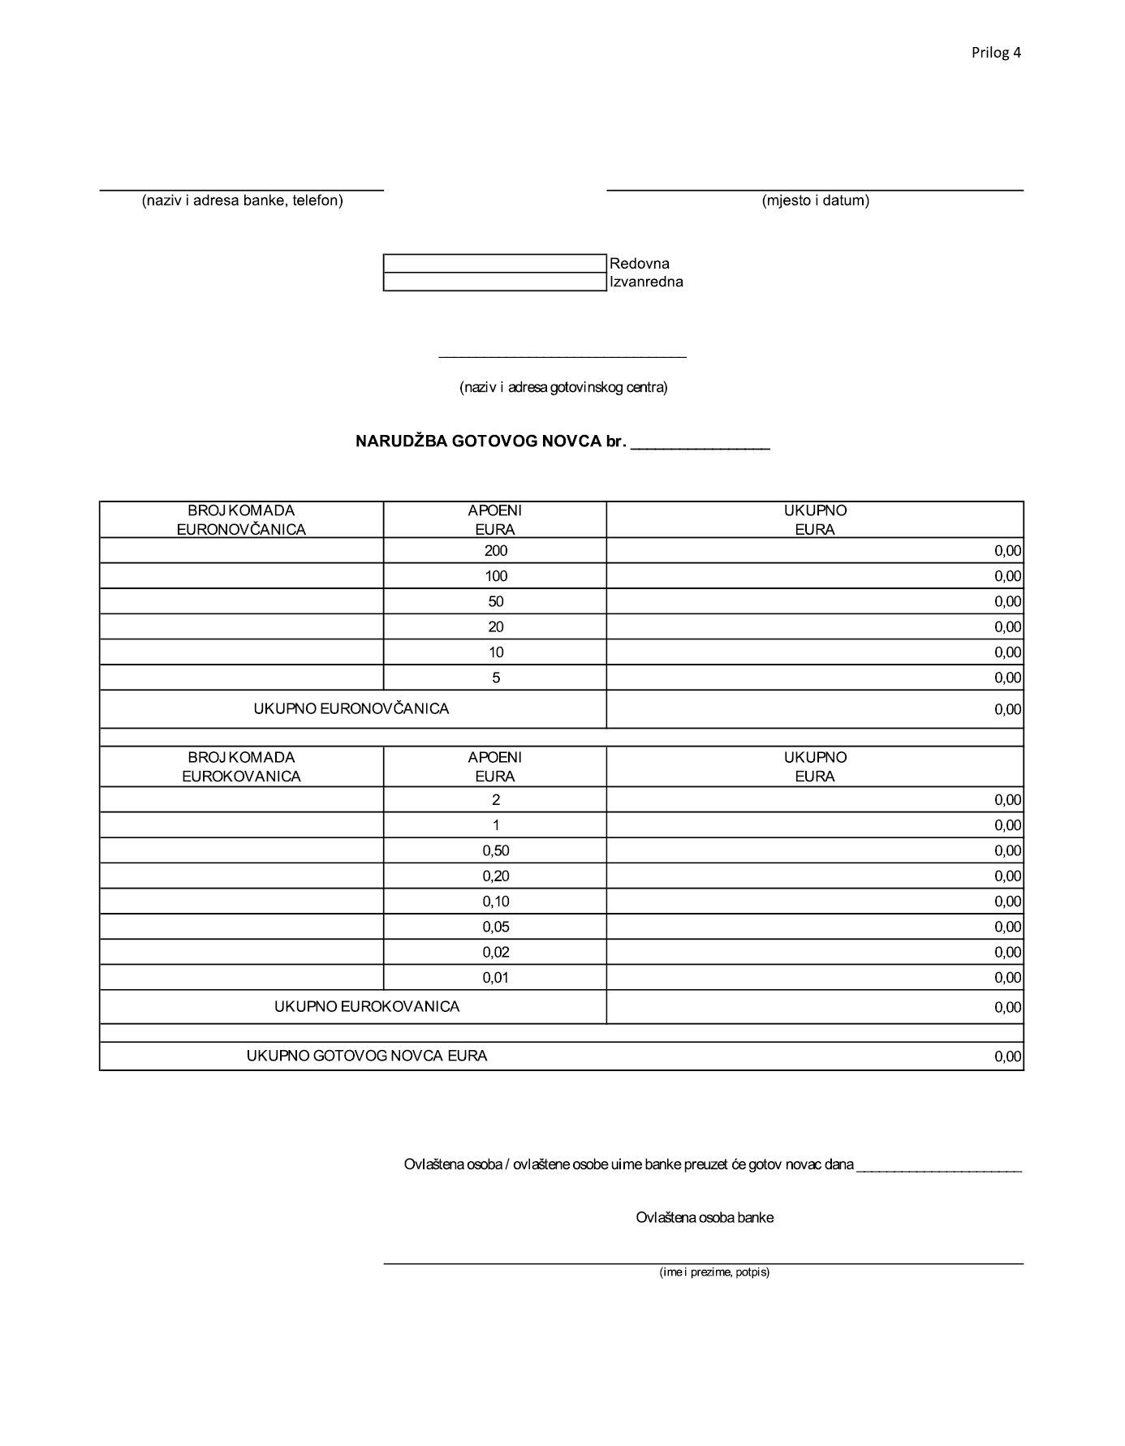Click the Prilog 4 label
(x=996, y=53)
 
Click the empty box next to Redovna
(x=494, y=264)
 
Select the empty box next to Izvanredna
(x=494, y=282)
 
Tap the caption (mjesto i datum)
(x=815, y=200)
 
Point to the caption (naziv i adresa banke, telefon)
(x=242, y=200)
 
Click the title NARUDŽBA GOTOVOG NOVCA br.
(x=490, y=442)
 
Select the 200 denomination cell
(x=495, y=551)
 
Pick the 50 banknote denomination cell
(x=495, y=601)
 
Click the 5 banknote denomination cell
(x=495, y=678)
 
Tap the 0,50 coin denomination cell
(x=495, y=850)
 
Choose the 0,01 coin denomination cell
(x=495, y=977)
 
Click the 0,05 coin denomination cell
(x=495, y=927)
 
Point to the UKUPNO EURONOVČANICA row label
(x=351, y=709)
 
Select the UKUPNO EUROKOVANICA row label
(x=367, y=1007)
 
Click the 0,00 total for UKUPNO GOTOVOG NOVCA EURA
(x=1007, y=1057)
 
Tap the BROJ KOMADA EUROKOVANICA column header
(x=241, y=767)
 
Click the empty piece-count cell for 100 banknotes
(x=241, y=576)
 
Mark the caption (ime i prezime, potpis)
(x=714, y=1272)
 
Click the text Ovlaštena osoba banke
(x=705, y=1218)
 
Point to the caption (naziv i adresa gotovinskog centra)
(x=563, y=388)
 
